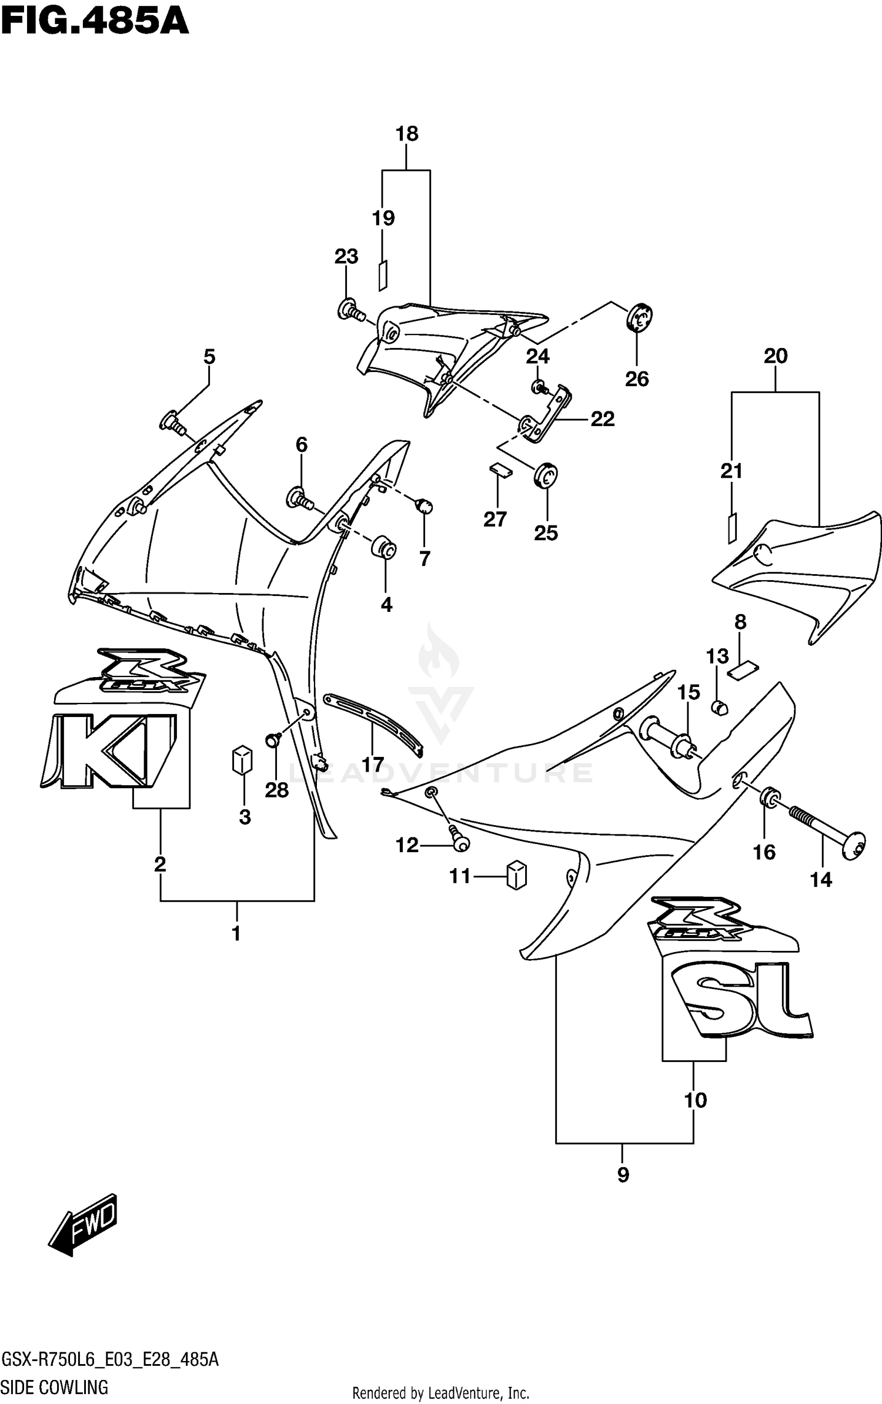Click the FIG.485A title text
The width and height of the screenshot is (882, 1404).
(x=95, y=23)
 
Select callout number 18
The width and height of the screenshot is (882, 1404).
(x=406, y=135)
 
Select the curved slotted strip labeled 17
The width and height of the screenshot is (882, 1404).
(x=373, y=723)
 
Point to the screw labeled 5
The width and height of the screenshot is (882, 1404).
(x=173, y=423)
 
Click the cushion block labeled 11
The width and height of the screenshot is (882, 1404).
(x=516, y=875)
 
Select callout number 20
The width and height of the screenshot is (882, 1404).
(x=776, y=356)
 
